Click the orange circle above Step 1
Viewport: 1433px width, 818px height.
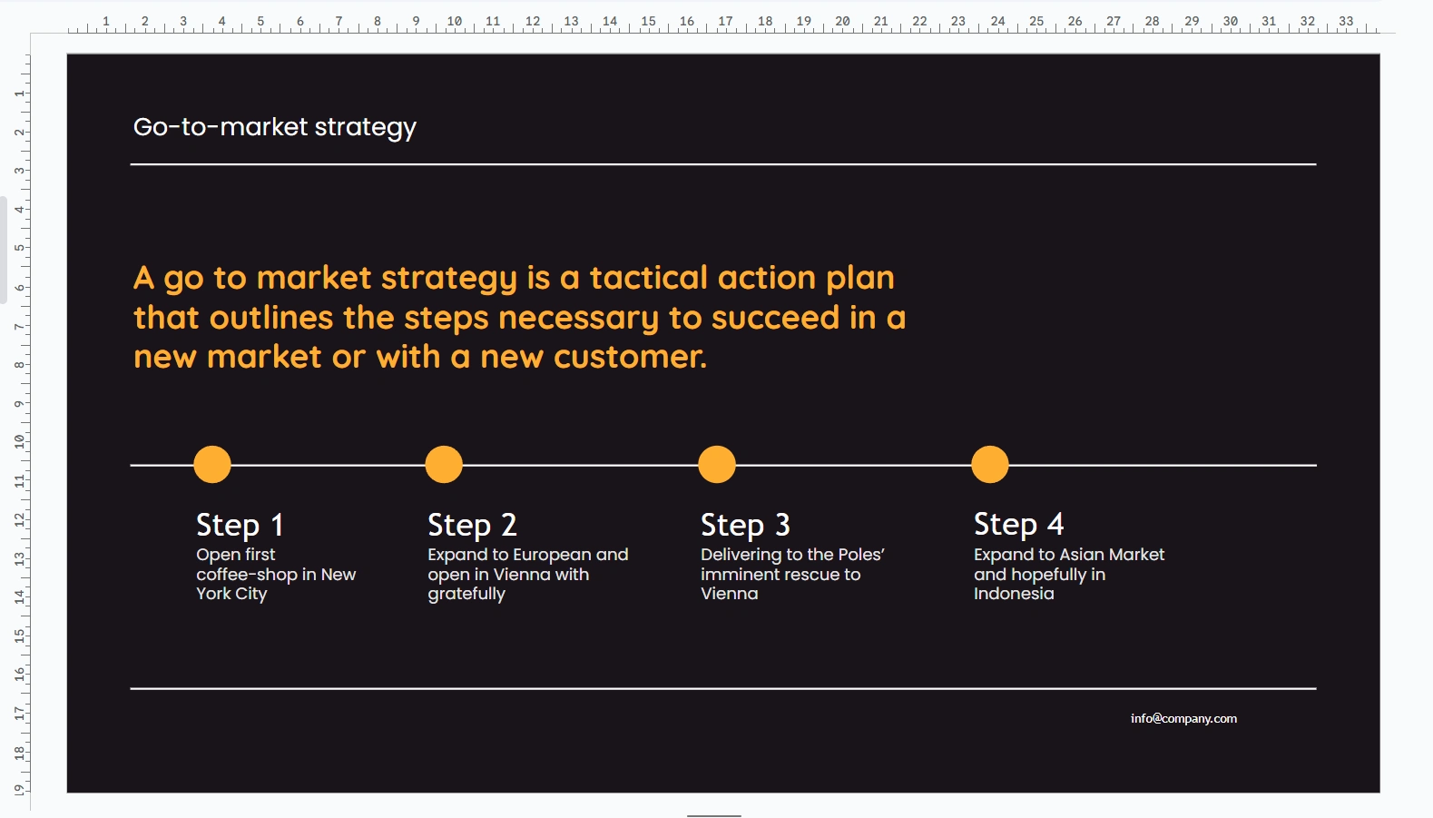[212, 464]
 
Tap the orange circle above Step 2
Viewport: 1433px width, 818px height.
[444, 464]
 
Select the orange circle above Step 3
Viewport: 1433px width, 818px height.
[717, 464]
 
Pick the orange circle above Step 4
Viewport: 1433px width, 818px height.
[990, 464]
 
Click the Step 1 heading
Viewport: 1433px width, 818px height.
[240, 525]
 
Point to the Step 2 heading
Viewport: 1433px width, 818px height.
[472, 525]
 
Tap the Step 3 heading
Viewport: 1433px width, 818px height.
[745, 525]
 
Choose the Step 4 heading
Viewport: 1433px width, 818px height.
[1018, 524]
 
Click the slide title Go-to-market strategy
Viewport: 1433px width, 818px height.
[274, 127]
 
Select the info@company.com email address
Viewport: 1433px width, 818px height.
[1183, 718]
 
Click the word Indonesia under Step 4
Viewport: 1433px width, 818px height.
[1014, 594]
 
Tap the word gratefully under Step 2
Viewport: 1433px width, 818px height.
[466, 595]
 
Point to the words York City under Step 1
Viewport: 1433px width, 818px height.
[231, 594]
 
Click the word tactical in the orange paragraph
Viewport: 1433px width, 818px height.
[648, 278]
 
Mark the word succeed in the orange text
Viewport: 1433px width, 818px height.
[775, 318]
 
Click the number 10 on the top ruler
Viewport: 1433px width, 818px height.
[454, 21]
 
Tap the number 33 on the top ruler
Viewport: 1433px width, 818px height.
[1346, 21]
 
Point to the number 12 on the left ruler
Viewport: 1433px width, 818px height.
[19, 519]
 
